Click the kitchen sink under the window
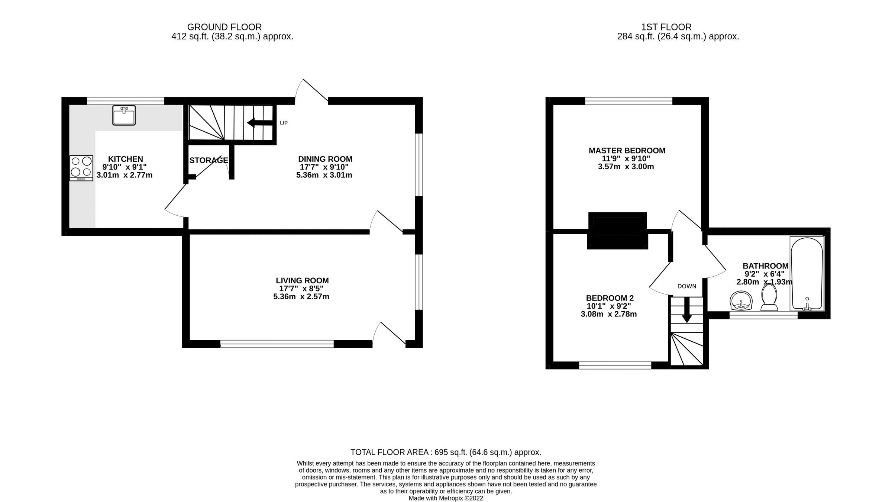[x=124, y=115]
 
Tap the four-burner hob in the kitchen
[x=81, y=168]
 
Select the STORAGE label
[x=209, y=160]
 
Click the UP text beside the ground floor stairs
[x=284, y=123]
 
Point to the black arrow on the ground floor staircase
[x=260, y=123]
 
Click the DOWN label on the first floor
[x=686, y=286]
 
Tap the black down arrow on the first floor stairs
[x=686, y=309]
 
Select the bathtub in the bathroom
[x=807, y=274]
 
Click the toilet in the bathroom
[x=769, y=298]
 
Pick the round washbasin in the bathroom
[x=741, y=300]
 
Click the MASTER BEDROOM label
[x=627, y=151]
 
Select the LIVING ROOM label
[x=302, y=280]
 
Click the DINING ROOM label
[x=325, y=159]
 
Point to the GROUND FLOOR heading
[x=224, y=27]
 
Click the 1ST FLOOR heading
[x=666, y=27]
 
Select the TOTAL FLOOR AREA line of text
[x=446, y=452]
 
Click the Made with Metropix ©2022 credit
[x=446, y=498]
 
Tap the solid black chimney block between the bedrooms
[x=617, y=231]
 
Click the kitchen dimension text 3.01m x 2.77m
[x=125, y=175]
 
